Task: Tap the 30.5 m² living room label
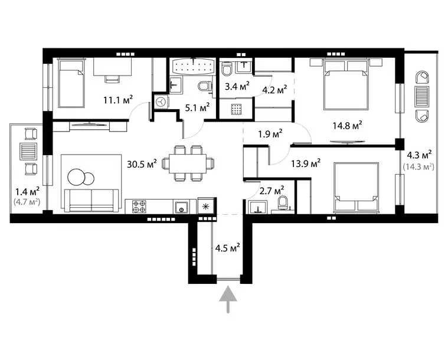coord(142,163)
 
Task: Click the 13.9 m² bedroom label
coord(306,162)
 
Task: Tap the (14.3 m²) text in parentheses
coord(418,167)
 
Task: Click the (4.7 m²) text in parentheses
coord(26,202)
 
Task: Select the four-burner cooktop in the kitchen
coord(139,207)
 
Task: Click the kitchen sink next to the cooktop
coord(181,207)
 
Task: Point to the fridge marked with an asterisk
coord(205,207)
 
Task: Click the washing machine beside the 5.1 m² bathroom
coord(161,102)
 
